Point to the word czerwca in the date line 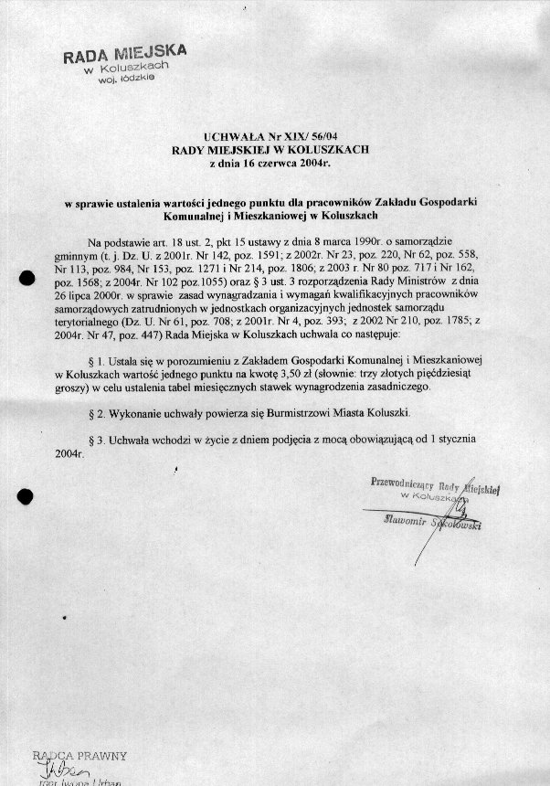[271, 164]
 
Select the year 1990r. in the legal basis [365, 241]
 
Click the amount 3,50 [333, 375]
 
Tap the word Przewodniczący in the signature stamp [398, 483]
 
